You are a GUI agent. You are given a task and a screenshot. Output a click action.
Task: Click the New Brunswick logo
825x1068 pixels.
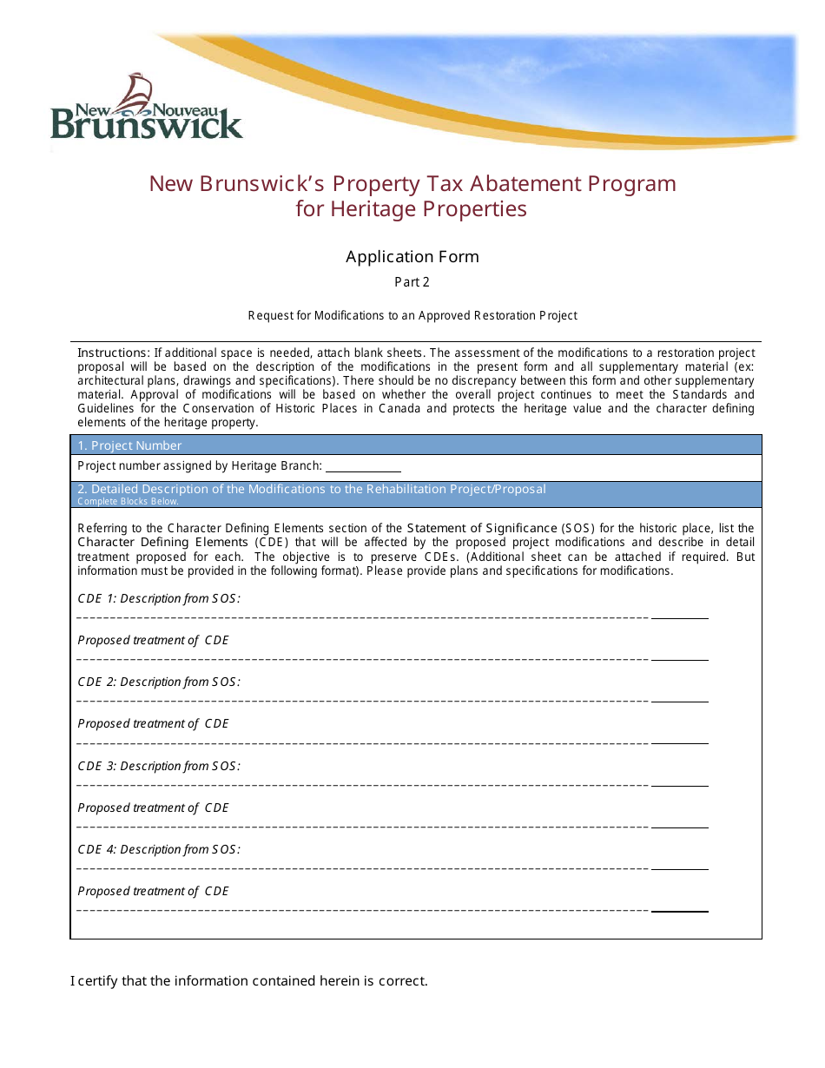(146, 109)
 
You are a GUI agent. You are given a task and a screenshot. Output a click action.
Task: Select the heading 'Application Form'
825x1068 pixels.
(412, 256)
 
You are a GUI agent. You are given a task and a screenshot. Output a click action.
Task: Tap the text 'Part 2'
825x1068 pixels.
(412, 282)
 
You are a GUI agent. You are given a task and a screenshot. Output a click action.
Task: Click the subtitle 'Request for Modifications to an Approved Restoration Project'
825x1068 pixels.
(412, 315)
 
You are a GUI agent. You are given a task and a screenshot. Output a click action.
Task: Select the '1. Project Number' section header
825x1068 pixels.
(130, 445)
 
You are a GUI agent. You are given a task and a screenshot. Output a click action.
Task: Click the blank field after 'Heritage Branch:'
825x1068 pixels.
(363, 467)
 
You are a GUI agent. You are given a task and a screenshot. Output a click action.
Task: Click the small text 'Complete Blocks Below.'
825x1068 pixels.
(128, 501)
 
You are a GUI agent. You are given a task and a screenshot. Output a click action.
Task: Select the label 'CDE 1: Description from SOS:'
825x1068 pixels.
(159, 598)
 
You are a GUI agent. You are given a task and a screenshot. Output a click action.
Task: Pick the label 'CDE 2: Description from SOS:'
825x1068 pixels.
(159, 682)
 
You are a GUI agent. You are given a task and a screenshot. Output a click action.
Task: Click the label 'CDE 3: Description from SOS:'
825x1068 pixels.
(159, 766)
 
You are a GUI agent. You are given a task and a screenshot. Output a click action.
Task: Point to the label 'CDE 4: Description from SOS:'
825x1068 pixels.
(159, 849)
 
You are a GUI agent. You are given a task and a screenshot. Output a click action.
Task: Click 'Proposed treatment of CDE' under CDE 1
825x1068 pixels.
(153, 640)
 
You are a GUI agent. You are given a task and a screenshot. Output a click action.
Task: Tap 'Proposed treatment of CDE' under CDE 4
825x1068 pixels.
(153, 891)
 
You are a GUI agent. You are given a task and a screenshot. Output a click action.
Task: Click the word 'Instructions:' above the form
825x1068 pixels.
(114, 353)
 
